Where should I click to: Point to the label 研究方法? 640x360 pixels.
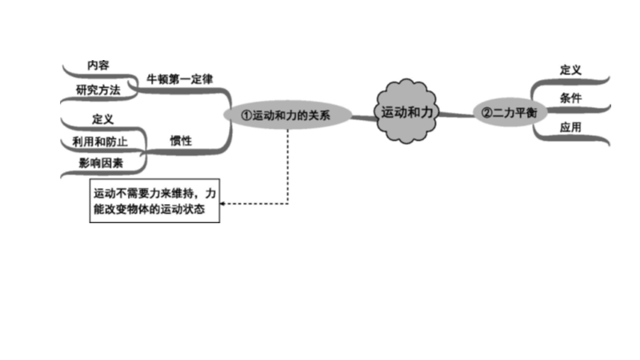click(98, 90)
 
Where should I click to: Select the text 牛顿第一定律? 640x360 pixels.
click(179, 80)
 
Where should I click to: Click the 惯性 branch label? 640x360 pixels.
click(181, 139)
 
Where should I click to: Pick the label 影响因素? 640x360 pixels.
click(100, 163)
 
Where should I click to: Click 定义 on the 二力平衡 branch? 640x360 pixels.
click(570, 70)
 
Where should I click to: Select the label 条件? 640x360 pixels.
click(570, 97)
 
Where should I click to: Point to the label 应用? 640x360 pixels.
click(570, 126)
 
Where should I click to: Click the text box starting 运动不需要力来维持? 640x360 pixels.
click(154, 202)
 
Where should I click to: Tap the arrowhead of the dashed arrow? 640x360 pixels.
click(223, 204)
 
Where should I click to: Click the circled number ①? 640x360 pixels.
click(246, 116)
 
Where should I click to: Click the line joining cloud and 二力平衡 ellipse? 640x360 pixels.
click(457, 114)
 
